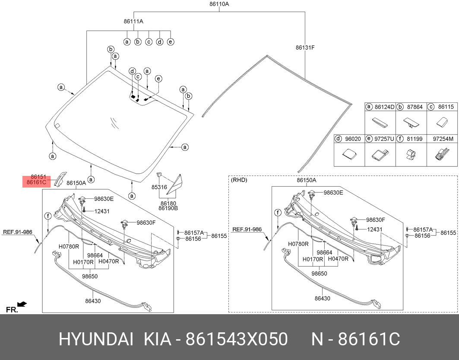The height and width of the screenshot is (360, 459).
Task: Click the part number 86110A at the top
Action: point(219,4)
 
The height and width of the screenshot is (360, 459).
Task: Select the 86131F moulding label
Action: point(305,48)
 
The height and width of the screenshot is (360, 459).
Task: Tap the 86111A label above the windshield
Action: point(133,21)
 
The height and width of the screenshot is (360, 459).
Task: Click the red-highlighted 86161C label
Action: point(36,182)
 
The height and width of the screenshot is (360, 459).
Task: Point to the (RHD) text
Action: point(239,180)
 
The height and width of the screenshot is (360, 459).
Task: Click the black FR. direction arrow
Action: point(22,304)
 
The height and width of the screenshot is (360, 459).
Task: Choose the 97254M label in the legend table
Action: point(443,139)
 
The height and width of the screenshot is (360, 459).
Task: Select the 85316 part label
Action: point(159,187)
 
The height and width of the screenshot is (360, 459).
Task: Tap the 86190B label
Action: point(168,208)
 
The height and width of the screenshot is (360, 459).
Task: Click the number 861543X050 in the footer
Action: point(237,340)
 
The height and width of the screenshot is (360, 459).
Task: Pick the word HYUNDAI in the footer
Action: point(96,340)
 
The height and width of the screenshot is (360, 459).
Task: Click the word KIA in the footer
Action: point(157,340)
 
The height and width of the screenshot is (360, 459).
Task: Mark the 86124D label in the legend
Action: point(384,107)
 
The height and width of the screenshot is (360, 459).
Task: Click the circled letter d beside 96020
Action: point(338,139)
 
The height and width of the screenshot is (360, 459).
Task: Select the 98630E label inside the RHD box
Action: point(333,192)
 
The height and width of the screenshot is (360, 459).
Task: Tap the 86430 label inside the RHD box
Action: point(322,298)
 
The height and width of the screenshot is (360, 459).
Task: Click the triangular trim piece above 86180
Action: point(175,184)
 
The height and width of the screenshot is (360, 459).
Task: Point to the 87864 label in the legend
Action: point(415,107)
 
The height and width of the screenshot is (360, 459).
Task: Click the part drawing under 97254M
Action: point(442,154)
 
